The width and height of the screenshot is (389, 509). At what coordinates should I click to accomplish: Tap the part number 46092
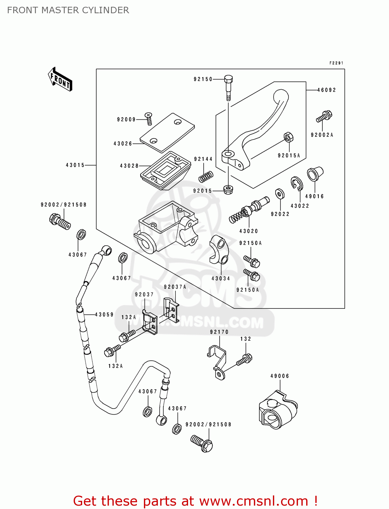[x=327, y=90]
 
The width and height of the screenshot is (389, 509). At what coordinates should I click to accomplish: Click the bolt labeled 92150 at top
[x=228, y=88]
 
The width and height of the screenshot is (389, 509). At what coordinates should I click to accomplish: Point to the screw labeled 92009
[x=149, y=118]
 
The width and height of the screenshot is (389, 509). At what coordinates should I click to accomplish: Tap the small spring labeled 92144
[x=206, y=176]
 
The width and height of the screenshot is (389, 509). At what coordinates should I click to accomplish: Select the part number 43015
[x=75, y=165]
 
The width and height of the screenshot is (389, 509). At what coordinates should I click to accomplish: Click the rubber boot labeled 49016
[x=315, y=174]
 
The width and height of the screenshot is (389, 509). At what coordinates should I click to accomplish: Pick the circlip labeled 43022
[x=297, y=184]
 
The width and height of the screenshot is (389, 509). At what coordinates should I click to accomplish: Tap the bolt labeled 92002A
[x=324, y=116]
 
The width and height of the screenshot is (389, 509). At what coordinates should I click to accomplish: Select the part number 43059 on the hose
[x=104, y=315]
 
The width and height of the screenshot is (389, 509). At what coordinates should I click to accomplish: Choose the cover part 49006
[x=278, y=411]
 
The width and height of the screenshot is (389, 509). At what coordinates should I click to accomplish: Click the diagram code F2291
[x=336, y=63]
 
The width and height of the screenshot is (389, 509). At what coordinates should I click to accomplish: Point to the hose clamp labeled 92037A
[x=171, y=310]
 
